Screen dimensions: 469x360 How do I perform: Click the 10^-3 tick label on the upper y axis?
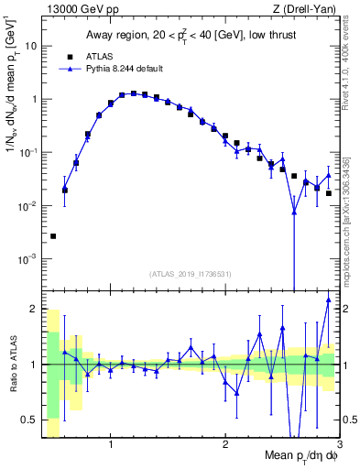28,259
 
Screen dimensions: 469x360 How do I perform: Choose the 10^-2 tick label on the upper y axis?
28,206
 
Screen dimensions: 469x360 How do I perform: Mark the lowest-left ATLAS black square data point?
53,236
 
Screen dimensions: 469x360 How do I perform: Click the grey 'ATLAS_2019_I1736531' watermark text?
191,274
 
